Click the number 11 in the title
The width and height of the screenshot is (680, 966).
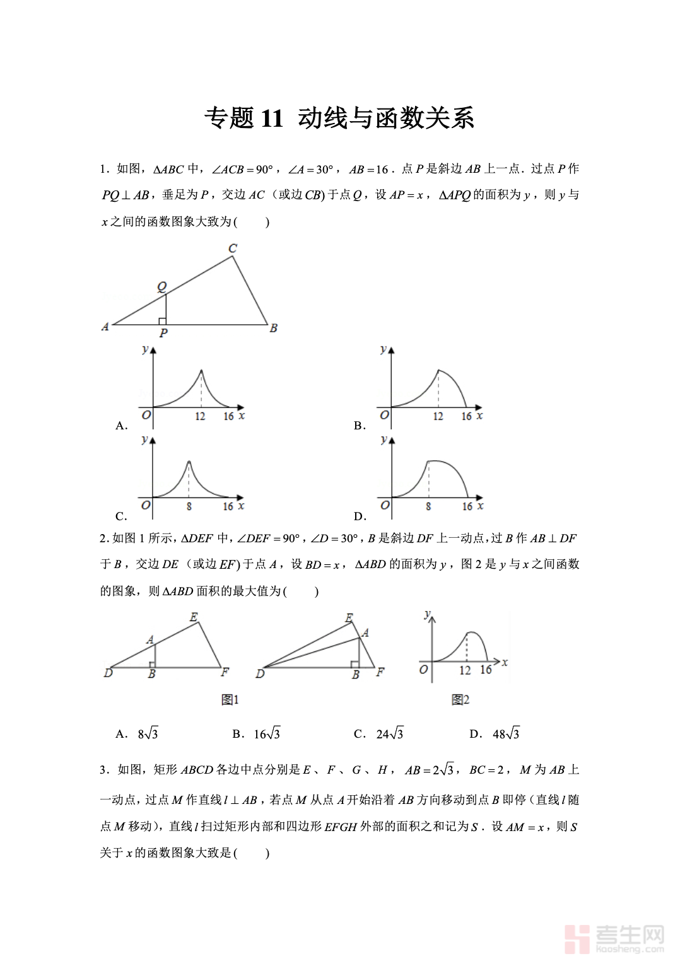(272, 119)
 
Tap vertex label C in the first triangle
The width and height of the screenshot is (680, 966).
(233, 248)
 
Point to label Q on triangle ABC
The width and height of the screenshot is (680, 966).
(162, 287)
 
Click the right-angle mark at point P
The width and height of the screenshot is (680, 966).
(162, 321)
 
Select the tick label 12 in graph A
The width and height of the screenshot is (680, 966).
(200, 416)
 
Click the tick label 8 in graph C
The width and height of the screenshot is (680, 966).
(189, 506)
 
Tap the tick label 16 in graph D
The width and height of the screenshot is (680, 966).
(467, 506)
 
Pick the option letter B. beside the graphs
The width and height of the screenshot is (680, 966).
(360, 426)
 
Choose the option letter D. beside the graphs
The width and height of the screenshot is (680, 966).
(360, 516)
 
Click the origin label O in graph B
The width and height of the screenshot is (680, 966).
(384, 415)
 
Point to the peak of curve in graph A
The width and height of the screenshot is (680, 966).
(201, 371)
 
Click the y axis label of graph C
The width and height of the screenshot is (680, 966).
(145, 439)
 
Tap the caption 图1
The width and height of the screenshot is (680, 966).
(230, 699)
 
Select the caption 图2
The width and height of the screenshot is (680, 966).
(460, 699)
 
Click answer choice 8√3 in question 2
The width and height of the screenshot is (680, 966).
(148, 734)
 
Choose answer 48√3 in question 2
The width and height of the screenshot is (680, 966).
(506, 734)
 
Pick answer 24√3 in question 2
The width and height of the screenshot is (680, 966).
(389, 734)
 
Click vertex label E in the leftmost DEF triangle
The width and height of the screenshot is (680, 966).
(194, 617)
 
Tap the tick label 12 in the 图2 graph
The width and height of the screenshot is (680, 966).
(465, 670)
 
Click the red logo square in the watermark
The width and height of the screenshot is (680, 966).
(577, 939)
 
